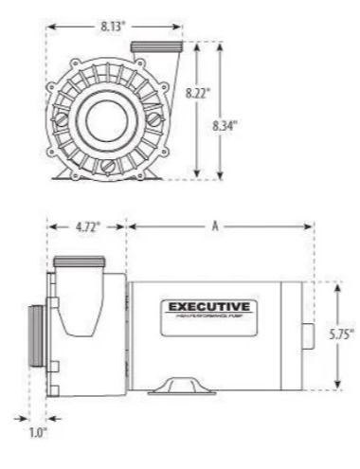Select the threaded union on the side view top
tap(80, 261)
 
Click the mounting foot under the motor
tap(180, 383)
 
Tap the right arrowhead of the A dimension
tap(310, 227)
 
